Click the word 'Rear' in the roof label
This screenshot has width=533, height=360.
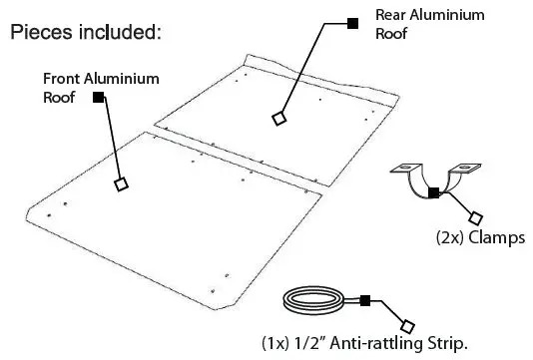point(391,15)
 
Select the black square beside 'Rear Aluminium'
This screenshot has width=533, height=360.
point(350,22)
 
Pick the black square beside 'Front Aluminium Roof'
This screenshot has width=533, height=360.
point(98,97)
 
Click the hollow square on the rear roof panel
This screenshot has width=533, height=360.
point(278,119)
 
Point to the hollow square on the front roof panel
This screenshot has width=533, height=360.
point(121,183)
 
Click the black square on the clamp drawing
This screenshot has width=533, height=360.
point(432,192)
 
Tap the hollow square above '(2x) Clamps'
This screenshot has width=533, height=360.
point(474,216)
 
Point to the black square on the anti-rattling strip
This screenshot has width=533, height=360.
point(365,299)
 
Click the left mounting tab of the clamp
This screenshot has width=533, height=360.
point(405,170)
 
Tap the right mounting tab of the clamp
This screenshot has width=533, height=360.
point(465,170)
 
